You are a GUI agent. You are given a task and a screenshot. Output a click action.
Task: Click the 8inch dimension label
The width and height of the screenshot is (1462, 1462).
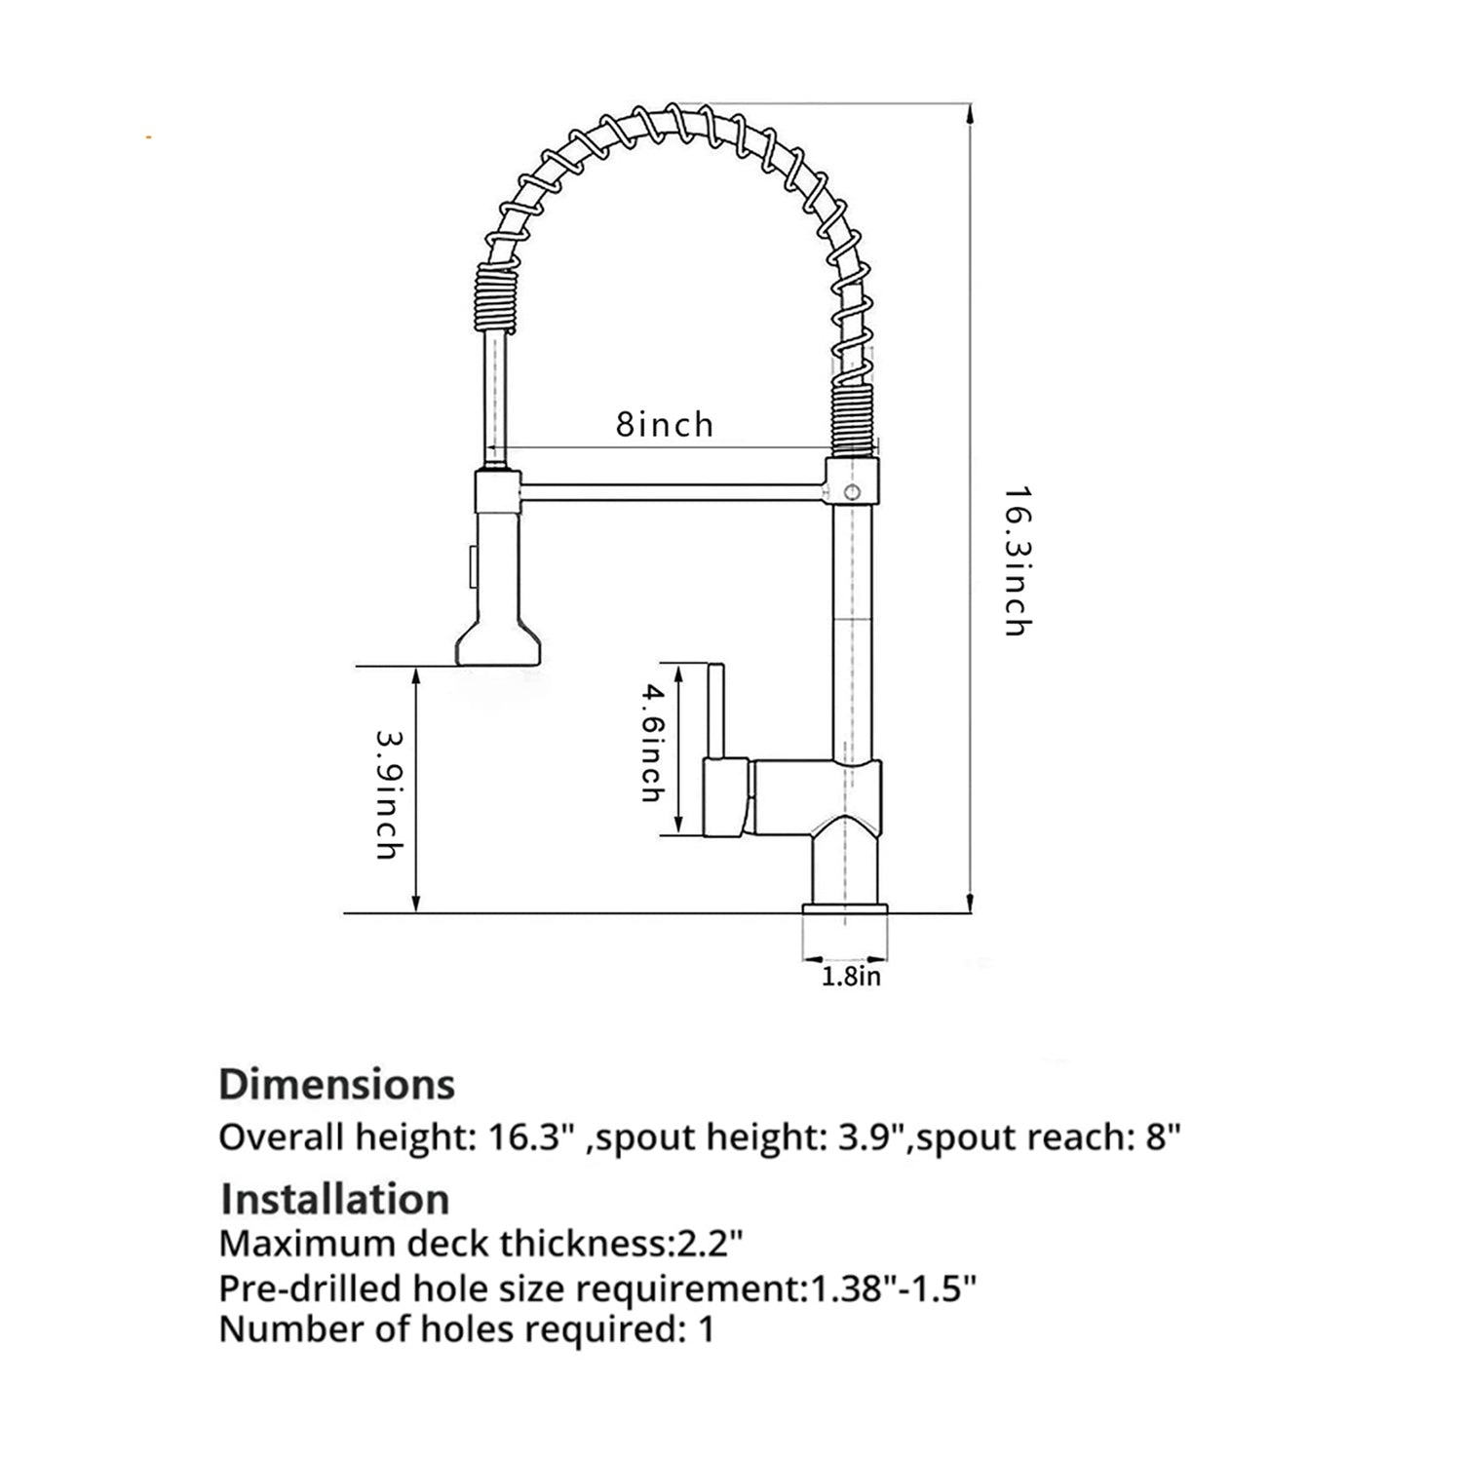point(665,425)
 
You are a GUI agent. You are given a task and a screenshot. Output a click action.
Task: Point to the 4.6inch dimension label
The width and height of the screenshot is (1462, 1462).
point(652,743)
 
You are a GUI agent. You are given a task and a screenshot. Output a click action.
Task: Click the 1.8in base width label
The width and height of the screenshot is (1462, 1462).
point(851,977)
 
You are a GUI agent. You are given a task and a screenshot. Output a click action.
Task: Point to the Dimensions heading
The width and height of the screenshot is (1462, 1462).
point(337,1084)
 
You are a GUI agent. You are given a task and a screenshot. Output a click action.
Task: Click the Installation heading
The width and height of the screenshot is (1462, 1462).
point(335,1199)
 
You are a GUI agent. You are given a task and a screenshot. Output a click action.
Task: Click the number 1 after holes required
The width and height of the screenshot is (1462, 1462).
point(707,1329)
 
